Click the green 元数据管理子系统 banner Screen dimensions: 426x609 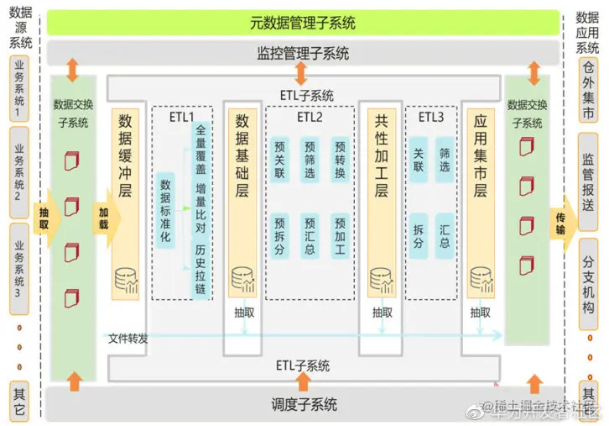303,23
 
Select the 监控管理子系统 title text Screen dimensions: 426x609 303,54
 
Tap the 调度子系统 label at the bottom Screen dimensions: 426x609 303,405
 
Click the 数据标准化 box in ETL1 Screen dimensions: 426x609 165,209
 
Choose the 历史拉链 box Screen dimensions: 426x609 200,268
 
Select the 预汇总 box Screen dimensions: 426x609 310,235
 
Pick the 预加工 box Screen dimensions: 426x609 340,235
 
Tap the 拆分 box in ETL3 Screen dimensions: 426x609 418,235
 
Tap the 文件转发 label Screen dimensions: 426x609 128,339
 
